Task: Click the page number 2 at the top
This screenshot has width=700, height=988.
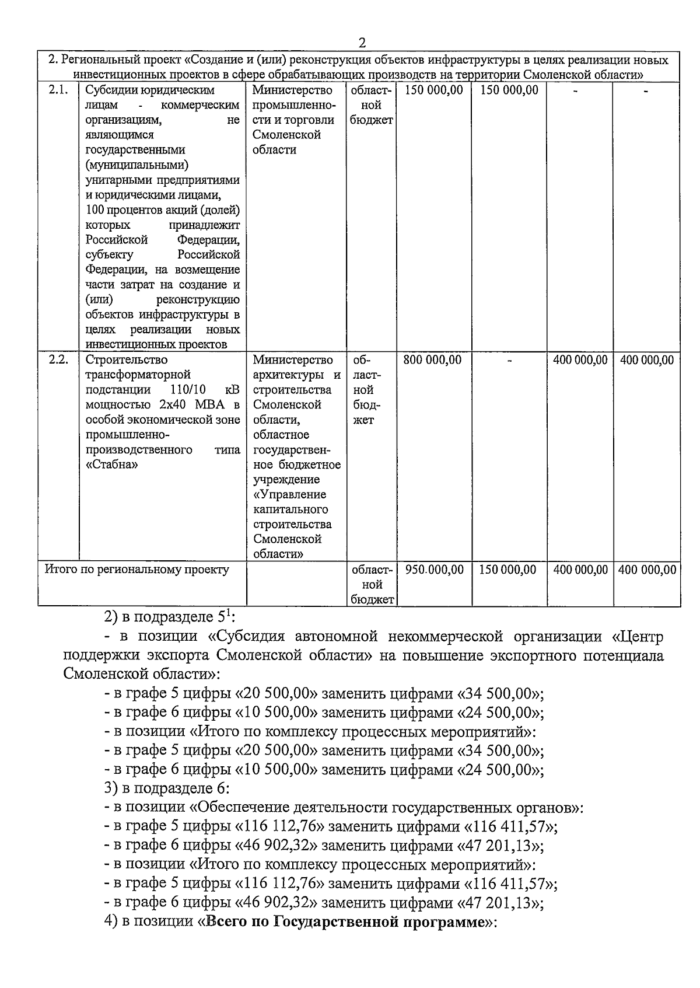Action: click(x=362, y=43)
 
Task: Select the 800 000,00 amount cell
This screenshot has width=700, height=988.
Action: click(x=432, y=360)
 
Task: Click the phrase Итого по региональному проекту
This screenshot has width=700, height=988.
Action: click(x=137, y=570)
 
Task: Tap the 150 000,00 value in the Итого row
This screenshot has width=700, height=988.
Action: click(x=508, y=570)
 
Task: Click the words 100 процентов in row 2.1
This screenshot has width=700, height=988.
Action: click(x=119, y=210)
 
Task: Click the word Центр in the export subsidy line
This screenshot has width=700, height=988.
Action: click(x=641, y=636)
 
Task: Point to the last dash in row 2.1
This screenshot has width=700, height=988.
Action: click(x=646, y=91)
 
